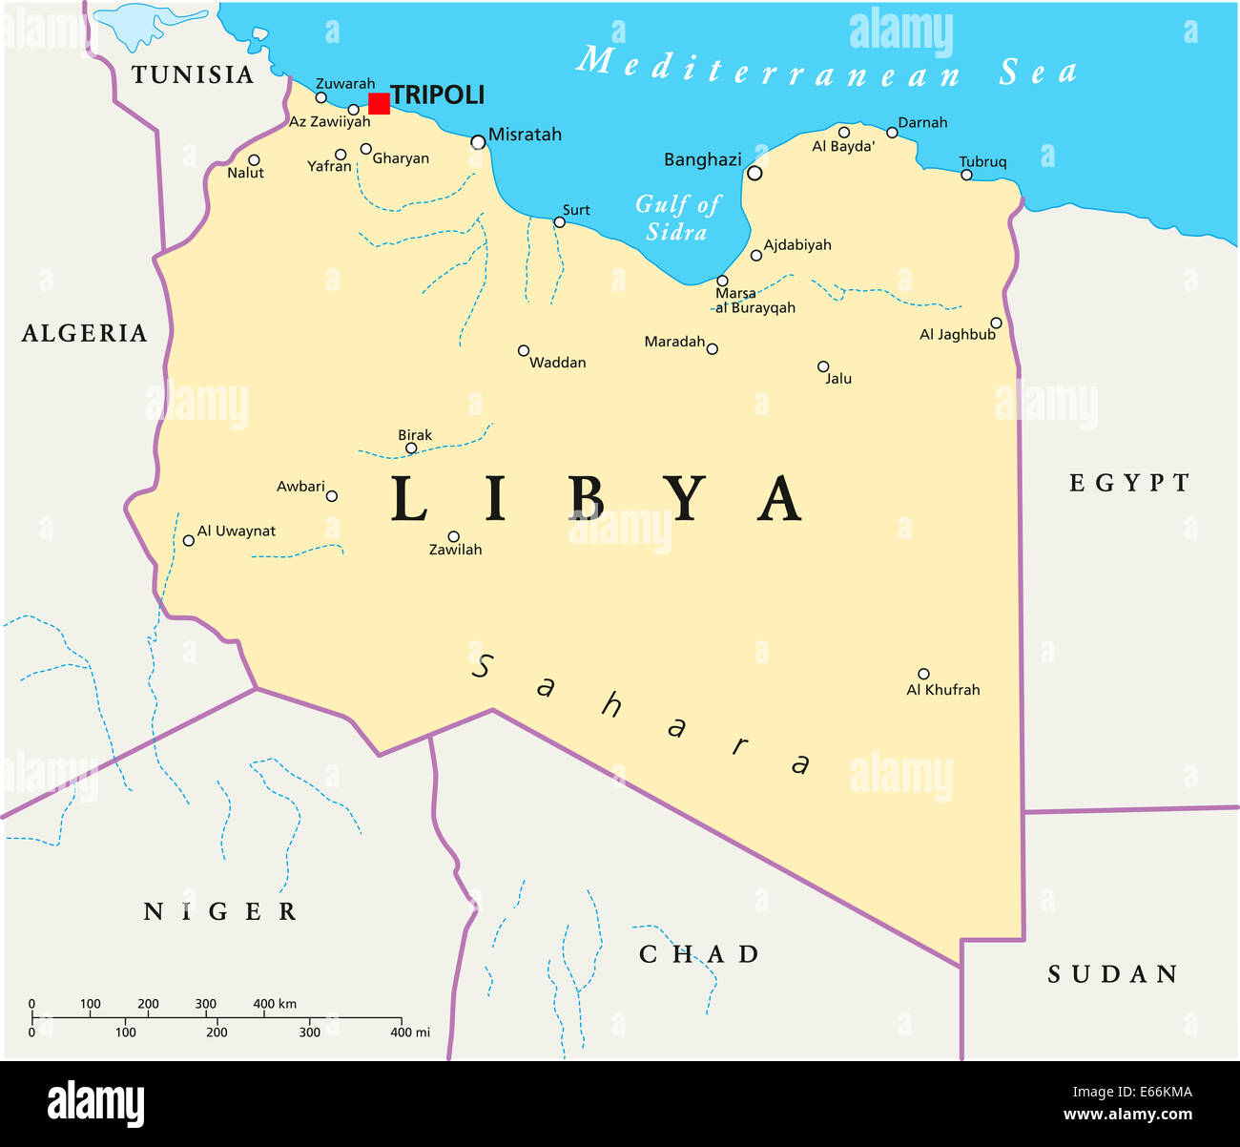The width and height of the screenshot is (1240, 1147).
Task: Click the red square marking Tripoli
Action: [x=379, y=103]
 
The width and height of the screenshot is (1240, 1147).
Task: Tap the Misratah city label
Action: [x=525, y=135]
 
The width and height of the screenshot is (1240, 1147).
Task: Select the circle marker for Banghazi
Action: [x=754, y=173]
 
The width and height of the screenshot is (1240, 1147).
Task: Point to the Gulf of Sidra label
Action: [x=678, y=218]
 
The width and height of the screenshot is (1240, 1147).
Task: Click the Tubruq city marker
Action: [x=966, y=175]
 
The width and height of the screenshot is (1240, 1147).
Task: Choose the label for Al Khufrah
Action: [x=942, y=690]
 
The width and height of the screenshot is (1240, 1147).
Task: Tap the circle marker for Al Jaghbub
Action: [x=996, y=323]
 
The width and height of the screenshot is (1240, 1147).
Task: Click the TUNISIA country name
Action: [x=193, y=75]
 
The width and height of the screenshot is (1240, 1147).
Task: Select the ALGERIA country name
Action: [x=85, y=333]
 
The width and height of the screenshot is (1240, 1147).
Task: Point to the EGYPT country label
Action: [x=1129, y=483]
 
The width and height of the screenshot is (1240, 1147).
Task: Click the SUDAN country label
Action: [x=1113, y=974]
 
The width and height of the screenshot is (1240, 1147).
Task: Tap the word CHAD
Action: [x=699, y=954]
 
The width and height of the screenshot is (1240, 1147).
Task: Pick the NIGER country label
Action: [x=220, y=912]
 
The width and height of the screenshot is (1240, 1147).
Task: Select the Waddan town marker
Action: [x=523, y=350]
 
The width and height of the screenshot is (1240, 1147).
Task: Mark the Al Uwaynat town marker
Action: [x=189, y=540]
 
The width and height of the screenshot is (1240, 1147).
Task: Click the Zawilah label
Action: [x=455, y=550]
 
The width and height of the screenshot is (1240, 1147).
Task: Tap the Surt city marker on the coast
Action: [x=560, y=222]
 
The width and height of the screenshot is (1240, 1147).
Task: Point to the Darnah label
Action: [x=922, y=122]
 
